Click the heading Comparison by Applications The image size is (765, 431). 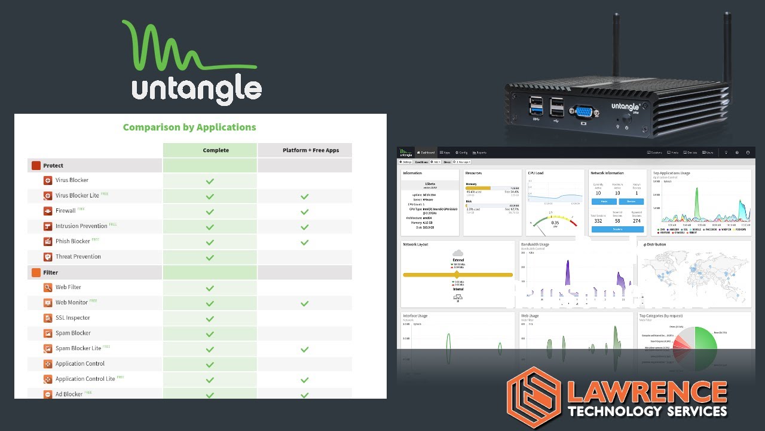pyautogui.click(x=189, y=127)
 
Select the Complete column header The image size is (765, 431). pyautogui.click(x=216, y=150)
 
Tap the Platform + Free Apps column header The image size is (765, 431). pyautogui.click(x=311, y=150)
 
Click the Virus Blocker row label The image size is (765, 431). pyautogui.click(x=72, y=180)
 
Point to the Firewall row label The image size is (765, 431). pyautogui.click(x=66, y=211)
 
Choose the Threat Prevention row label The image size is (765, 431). pyautogui.click(x=78, y=257)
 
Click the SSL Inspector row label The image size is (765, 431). pyautogui.click(x=73, y=318)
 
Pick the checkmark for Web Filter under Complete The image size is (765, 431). pyautogui.click(x=210, y=288)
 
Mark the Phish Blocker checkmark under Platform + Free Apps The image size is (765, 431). pyautogui.click(x=305, y=242)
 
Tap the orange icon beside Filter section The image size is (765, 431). pyautogui.click(x=36, y=272)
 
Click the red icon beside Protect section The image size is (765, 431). pyautogui.click(x=36, y=166)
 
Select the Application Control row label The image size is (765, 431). pyautogui.click(x=80, y=364)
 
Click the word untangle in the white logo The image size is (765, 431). pyautogui.click(x=197, y=90)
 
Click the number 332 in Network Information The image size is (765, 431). pyautogui.click(x=598, y=221)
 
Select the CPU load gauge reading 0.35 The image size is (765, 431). pyautogui.click(x=555, y=223)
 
